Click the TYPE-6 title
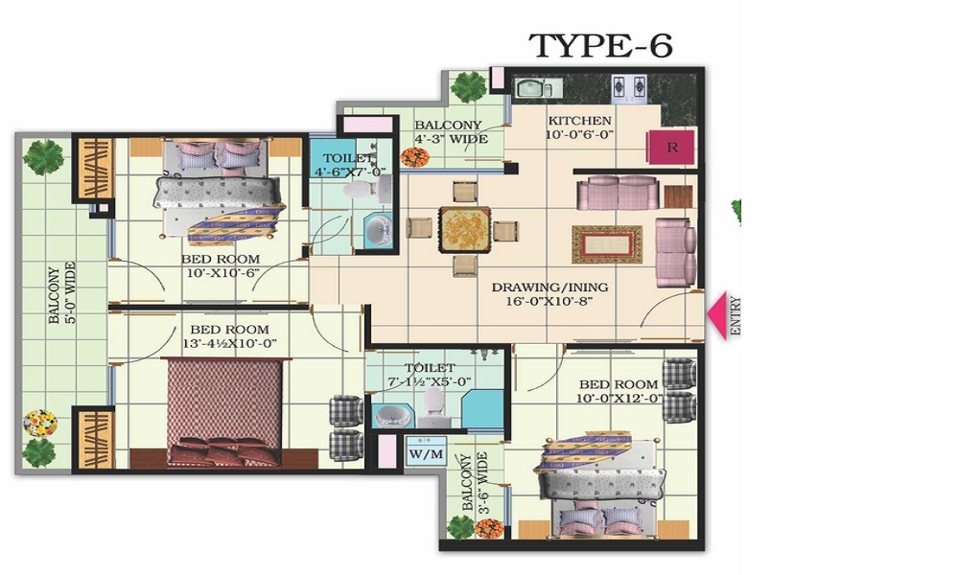[x=600, y=45]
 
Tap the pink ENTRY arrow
[x=716, y=314]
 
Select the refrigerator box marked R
[x=671, y=148]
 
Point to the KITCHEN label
[x=579, y=121]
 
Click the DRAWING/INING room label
[x=550, y=287]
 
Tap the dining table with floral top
[x=465, y=230]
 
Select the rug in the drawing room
[x=607, y=244]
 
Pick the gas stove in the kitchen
[x=629, y=88]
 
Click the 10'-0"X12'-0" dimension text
[x=619, y=399]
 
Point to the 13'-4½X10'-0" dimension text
[x=229, y=343]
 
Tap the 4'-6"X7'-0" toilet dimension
[x=350, y=172]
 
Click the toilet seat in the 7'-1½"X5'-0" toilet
[x=434, y=402]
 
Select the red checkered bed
[x=224, y=412]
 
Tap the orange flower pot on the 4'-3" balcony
[x=414, y=158]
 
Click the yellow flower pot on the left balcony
[x=40, y=423]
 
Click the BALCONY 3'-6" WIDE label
[x=475, y=481]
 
